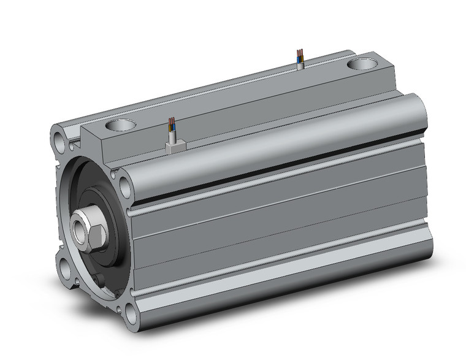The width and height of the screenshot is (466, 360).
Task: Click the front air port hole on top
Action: (120, 126)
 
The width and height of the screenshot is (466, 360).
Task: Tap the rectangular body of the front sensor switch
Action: (175, 147)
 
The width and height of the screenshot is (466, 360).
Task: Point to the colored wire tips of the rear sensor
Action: (299, 53)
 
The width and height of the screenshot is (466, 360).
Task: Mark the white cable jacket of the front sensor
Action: (173, 134)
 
